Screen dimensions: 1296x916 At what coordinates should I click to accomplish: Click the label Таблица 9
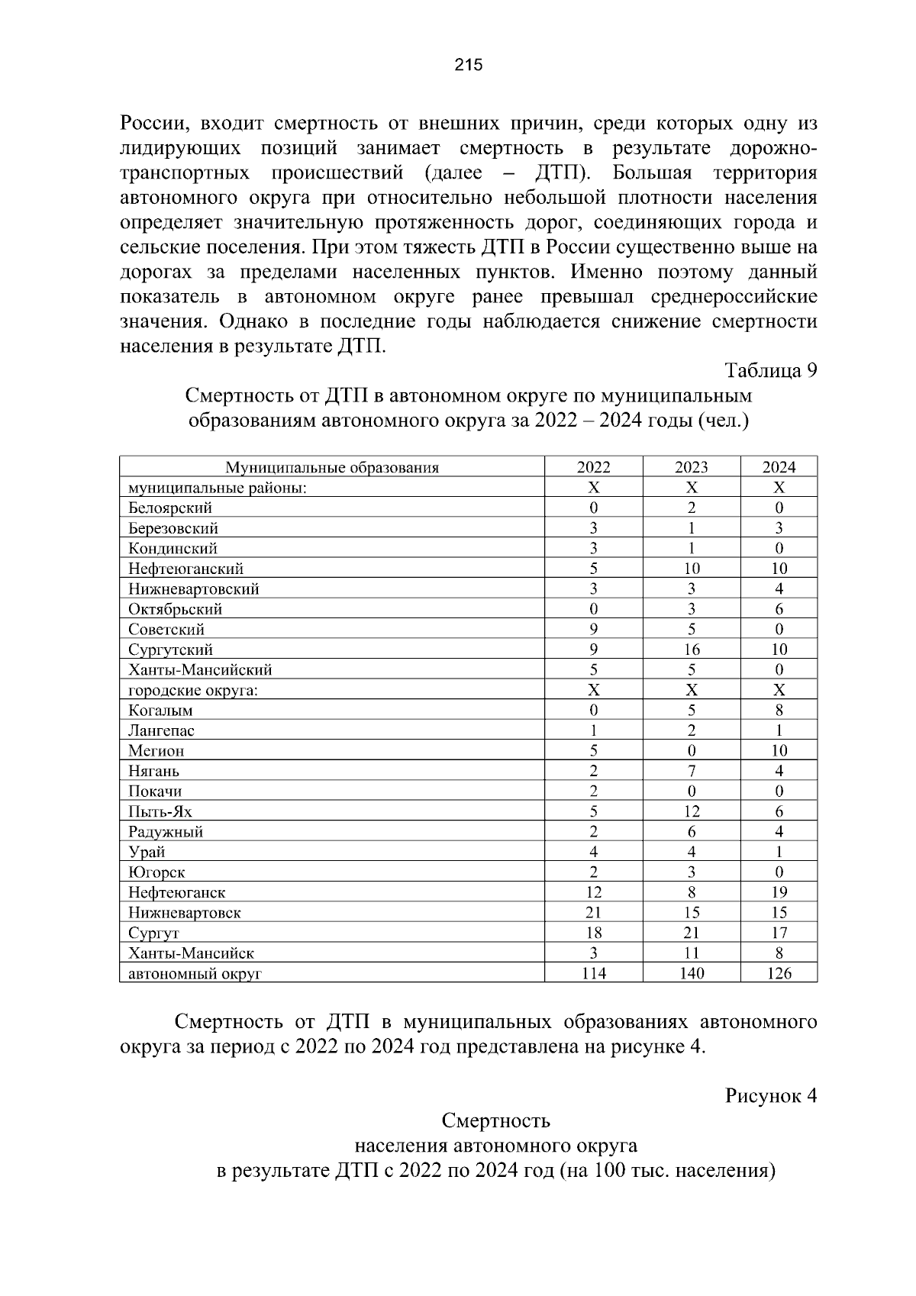[x=770, y=371]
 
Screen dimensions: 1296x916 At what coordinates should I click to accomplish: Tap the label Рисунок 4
[x=770, y=1096]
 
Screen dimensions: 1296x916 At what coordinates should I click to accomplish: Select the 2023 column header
[x=691, y=467]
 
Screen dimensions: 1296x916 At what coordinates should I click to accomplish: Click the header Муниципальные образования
[x=331, y=467]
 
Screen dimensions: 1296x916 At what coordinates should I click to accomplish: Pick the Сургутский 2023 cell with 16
[x=691, y=650]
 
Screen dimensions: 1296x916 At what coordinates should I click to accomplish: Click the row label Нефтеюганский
[x=185, y=569]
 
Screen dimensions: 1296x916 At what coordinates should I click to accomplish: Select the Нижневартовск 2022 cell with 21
[x=593, y=913]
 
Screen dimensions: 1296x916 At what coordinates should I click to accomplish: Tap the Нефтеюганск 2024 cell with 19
[x=779, y=892]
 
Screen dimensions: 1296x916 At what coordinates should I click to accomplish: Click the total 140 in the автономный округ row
[x=691, y=973]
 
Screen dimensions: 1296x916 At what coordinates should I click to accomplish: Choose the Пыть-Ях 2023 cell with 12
[x=691, y=811]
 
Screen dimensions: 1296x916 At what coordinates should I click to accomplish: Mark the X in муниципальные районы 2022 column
[x=593, y=488]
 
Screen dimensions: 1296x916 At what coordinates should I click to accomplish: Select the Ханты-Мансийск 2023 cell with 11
[x=691, y=953]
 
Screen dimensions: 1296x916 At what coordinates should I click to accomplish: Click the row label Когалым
[x=160, y=711]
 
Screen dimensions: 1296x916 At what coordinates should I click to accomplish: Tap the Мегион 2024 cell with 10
[x=779, y=751]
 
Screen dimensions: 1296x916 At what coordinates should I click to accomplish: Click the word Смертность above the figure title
[x=495, y=1121]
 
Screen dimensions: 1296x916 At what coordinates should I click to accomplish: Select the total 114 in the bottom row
[x=593, y=973]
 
